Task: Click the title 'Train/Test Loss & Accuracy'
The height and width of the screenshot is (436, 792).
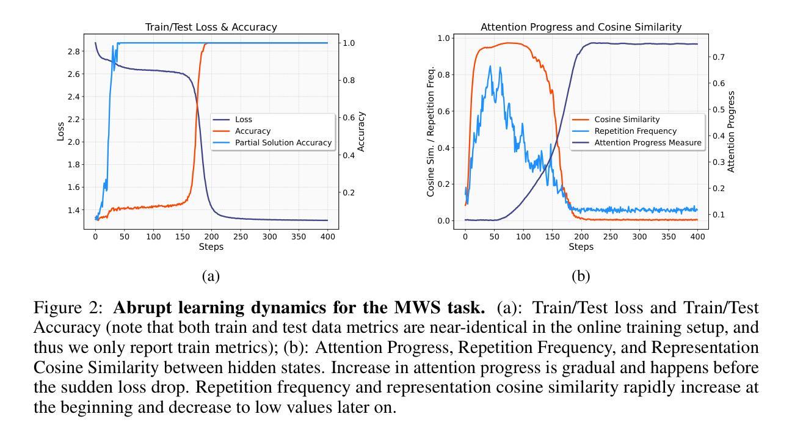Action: (211, 27)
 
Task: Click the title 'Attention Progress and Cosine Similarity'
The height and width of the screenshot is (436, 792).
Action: (581, 27)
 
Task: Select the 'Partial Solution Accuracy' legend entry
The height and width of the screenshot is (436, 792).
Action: (283, 142)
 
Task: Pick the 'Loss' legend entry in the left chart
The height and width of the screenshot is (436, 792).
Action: (244, 120)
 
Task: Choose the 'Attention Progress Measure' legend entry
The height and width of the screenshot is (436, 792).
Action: (648, 142)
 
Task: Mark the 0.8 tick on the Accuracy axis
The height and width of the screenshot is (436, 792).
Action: (351, 81)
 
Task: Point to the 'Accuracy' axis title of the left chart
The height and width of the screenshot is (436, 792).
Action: (361, 131)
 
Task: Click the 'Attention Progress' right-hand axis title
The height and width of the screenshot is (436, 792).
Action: (732, 131)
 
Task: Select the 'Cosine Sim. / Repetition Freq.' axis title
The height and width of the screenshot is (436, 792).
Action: (431, 131)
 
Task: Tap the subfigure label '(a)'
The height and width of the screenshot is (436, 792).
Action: (211, 276)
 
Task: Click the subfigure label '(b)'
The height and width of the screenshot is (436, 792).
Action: (581, 276)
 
